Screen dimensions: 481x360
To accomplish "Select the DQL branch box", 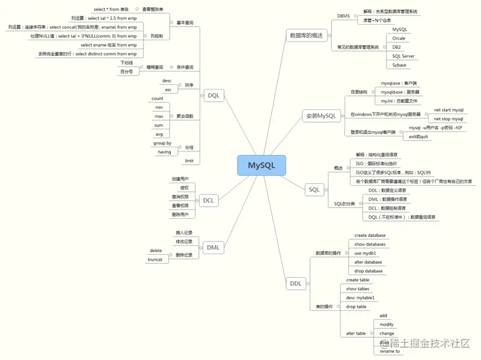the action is [214, 96].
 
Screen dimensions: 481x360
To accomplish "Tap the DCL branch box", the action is [208, 200].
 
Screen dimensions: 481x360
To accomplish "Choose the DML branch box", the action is [213, 247].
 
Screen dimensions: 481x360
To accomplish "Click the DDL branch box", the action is [295, 283].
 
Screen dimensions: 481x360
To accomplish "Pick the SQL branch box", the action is [314, 190].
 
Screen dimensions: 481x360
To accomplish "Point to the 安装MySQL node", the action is [320, 116].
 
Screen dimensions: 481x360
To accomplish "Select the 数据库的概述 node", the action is [306, 35].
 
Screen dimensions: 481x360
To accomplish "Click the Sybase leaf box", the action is [399, 65].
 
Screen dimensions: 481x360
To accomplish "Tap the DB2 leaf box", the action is [396, 47].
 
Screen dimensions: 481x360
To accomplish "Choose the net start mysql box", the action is [449, 111].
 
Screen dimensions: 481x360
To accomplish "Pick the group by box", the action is [162, 144].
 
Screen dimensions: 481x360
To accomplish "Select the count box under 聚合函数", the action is [158, 99].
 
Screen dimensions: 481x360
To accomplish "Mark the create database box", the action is [370, 236].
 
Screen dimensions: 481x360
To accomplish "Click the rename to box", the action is [390, 351].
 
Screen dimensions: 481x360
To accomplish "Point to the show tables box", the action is [357, 289].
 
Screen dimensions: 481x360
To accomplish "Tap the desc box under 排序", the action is [167, 81].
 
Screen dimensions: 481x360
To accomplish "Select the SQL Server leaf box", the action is [403, 56].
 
